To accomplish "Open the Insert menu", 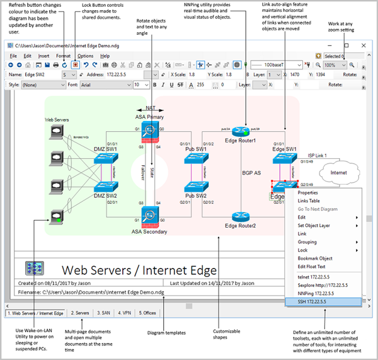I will [x=43, y=56].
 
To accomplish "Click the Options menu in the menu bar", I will [x=86, y=56].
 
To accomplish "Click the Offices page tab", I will [x=148, y=313].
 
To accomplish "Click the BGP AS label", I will [x=251, y=172].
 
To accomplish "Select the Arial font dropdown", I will [x=104, y=84].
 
